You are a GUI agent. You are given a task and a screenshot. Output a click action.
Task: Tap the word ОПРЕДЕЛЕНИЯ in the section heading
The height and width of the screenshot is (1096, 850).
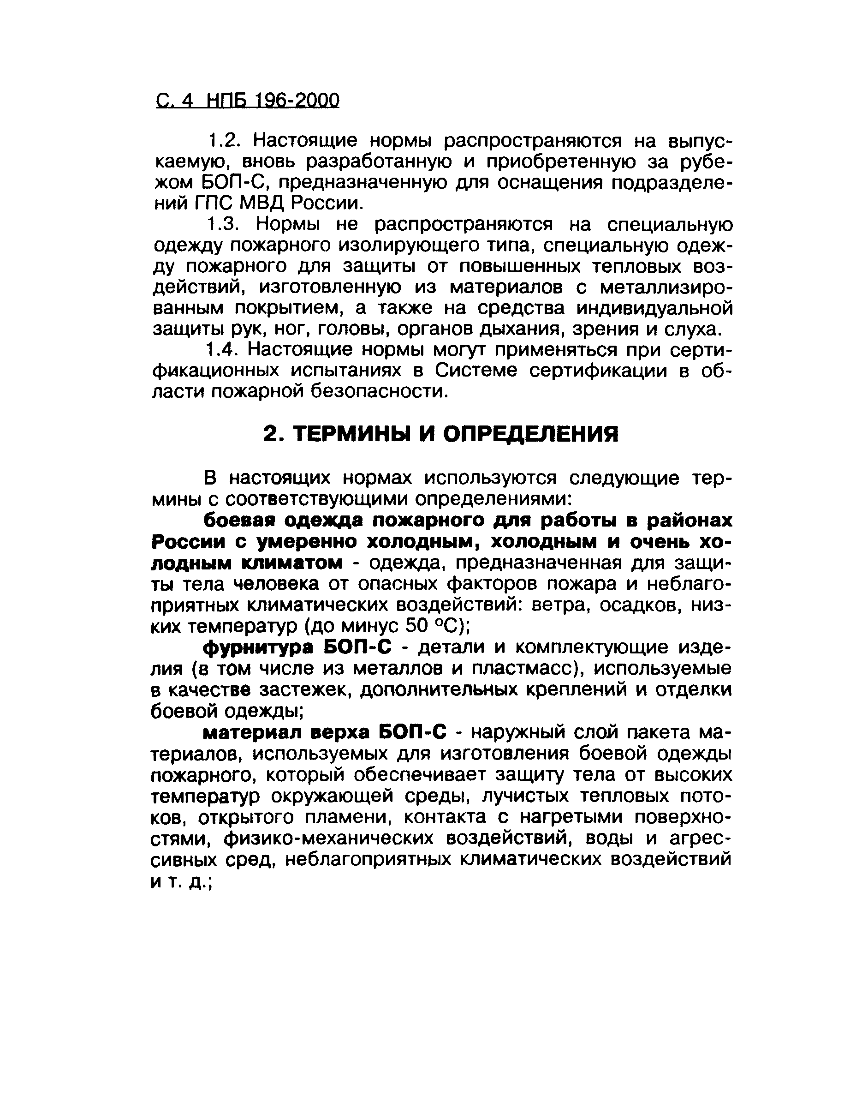532,434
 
